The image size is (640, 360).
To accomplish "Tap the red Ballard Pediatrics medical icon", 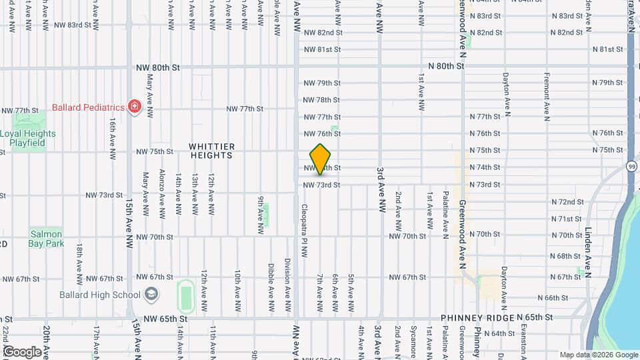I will [135, 107].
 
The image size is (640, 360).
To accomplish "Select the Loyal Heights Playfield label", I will [28, 137].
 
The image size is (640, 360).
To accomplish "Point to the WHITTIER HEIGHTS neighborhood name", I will [211, 151].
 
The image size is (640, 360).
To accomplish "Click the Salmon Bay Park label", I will [46, 239].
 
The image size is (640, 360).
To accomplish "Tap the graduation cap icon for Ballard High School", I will [151, 295].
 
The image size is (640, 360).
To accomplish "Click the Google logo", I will [21, 351].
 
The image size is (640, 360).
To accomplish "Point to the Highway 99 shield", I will [630, 165].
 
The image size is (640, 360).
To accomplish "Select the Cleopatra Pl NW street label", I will [304, 231].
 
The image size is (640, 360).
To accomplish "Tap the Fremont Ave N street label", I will [546, 97].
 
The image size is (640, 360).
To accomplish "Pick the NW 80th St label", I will [158, 67].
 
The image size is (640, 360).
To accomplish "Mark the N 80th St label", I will [445, 66].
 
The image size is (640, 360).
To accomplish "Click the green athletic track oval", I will [186, 295].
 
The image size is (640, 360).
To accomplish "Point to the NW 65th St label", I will [158, 319].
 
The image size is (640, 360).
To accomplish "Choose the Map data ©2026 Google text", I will [598, 355].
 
